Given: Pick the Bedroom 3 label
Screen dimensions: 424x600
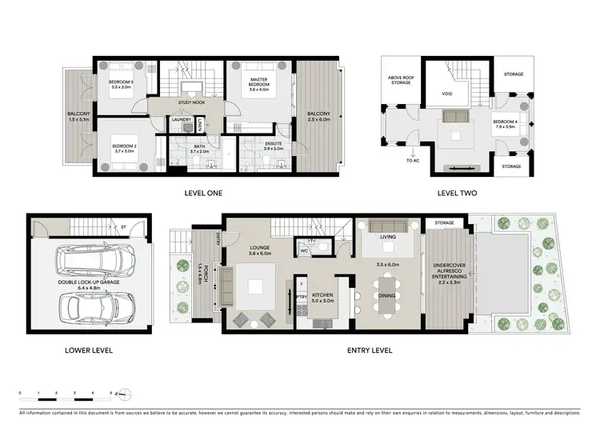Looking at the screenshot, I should click(122, 83).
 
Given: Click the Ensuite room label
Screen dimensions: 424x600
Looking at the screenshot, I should click(273, 146).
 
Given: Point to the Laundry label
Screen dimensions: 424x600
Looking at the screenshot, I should click(182, 121).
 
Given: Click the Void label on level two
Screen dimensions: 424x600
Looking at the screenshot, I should click(447, 95).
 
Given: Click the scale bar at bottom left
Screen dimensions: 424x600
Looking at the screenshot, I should click(67, 397).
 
